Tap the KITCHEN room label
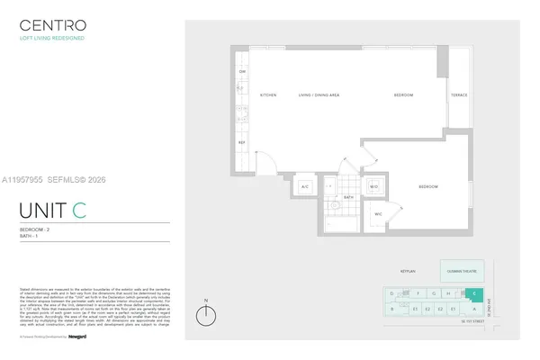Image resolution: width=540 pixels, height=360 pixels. pos(267,94)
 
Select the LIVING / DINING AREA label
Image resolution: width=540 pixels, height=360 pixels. pos(319,94)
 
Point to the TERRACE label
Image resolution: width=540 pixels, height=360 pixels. pos(459,94)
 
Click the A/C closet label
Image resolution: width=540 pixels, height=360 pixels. pos(304,186)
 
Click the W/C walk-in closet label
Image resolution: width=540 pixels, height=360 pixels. pos(379,213)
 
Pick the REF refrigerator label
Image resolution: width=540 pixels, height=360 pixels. pos(241,142)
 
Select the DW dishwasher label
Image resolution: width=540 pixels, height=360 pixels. pos(241,71)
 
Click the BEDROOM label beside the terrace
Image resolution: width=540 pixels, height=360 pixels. pos(403,94)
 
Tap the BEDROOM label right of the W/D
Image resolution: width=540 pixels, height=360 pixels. pos(427,186)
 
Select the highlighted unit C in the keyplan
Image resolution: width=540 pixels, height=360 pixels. pos(474,292)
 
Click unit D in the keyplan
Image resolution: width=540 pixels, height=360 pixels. pos(392,292)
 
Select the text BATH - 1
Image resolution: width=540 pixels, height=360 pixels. pos(31,237)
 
